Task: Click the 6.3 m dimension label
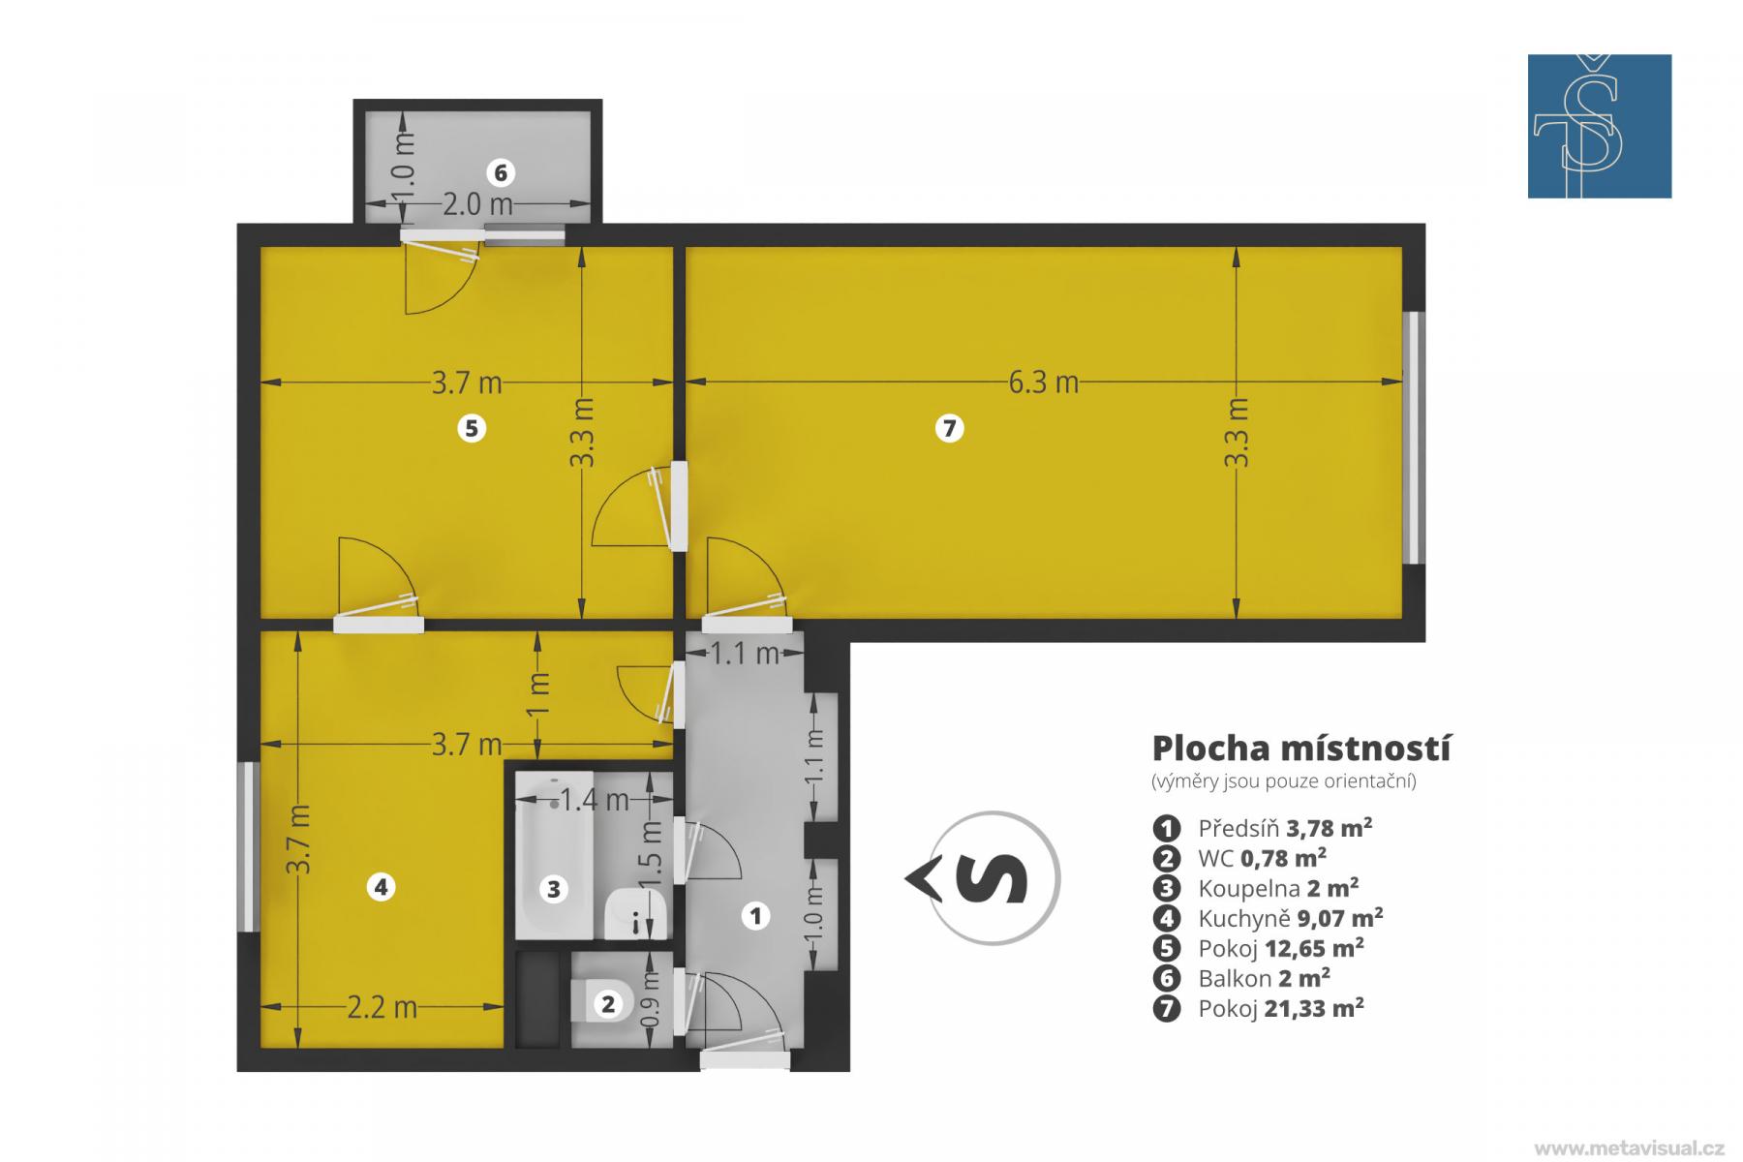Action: [x=1043, y=383]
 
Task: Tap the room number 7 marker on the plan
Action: [x=949, y=428]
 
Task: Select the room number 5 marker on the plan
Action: [x=472, y=428]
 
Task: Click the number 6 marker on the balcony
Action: [x=501, y=173]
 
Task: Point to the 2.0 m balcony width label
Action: [x=477, y=205]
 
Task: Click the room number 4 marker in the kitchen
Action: [x=382, y=887]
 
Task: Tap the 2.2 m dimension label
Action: [x=382, y=1008]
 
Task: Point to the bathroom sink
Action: [x=635, y=914]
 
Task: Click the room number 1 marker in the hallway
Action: [x=755, y=916]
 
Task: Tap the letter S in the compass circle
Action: [x=992, y=878]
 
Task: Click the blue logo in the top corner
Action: [x=1600, y=126]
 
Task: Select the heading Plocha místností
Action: [x=1301, y=749]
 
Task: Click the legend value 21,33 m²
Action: [x=1314, y=1008]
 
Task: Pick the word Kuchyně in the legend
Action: [x=1244, y=918]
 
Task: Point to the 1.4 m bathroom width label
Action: [x=595, y=801]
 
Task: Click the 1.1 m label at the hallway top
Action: [x=746, y=655]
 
